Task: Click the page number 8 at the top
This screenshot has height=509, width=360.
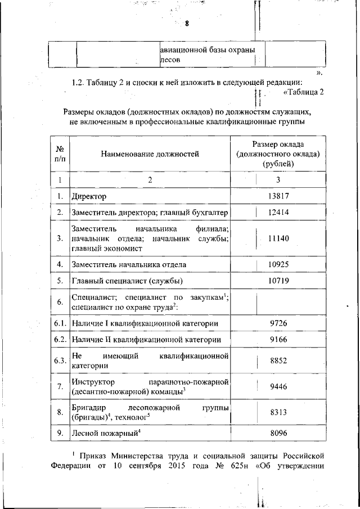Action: click(x=187, y=24)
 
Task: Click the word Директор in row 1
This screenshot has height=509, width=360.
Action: click(x=89, y=196)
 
